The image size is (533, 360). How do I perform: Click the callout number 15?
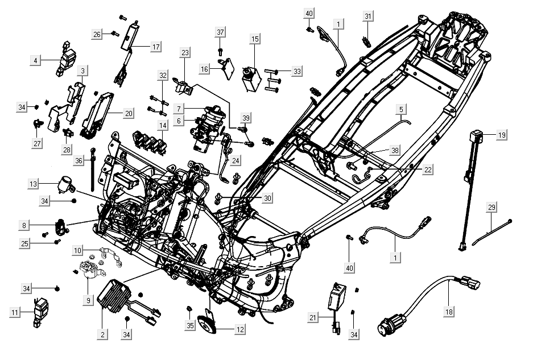(x=255, y=39)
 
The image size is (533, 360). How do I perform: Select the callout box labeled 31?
(x=367, y=15)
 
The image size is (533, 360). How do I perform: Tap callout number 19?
(x=501, y=135)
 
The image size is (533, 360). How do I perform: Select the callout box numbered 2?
(x=102, y=334)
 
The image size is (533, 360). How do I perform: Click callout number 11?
(x=15, y=312)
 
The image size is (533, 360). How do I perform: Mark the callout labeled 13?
(x=34, y=184)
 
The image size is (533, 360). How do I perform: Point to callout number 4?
(x=36, y=59)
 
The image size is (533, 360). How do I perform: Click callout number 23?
(x=185, y=53)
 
